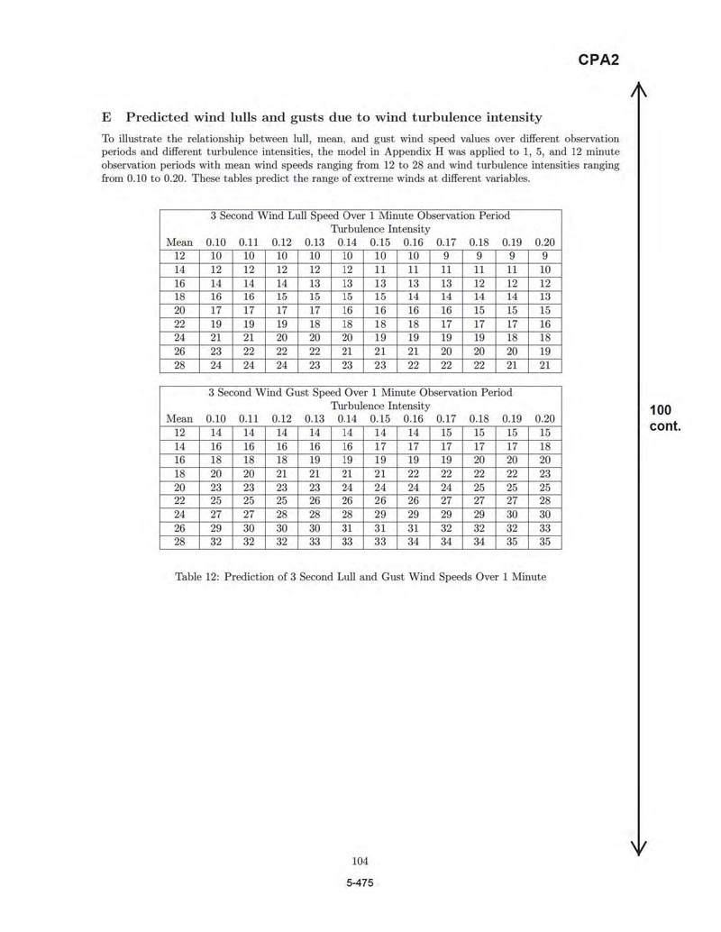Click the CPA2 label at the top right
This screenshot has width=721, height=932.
tap(598, 60)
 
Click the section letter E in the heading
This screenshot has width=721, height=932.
tap(106, 117)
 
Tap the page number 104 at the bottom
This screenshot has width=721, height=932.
tap(360, 861)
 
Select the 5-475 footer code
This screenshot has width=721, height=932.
tap(360, 882)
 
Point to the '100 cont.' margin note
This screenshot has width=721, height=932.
tap(665, 418)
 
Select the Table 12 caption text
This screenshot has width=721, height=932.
tap(360, 576)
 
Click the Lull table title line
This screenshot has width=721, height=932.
tap(360, 216)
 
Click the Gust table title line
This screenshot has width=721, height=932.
tap(360, 393)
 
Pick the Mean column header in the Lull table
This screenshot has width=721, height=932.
tap(179, 242)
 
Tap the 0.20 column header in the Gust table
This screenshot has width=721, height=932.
tap(544, 419)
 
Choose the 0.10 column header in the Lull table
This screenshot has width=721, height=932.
tap(216, 242)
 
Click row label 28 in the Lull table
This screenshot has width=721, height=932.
tap(179, 366)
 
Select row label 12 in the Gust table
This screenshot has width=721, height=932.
tap(179, 433)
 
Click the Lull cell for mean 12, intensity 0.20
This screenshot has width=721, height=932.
tap(544, 256)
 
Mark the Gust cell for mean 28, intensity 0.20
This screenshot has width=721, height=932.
tap(544, 543)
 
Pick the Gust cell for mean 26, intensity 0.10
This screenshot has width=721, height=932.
tap(216, 529)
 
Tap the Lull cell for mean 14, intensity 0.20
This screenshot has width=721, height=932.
tap(544, 270)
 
